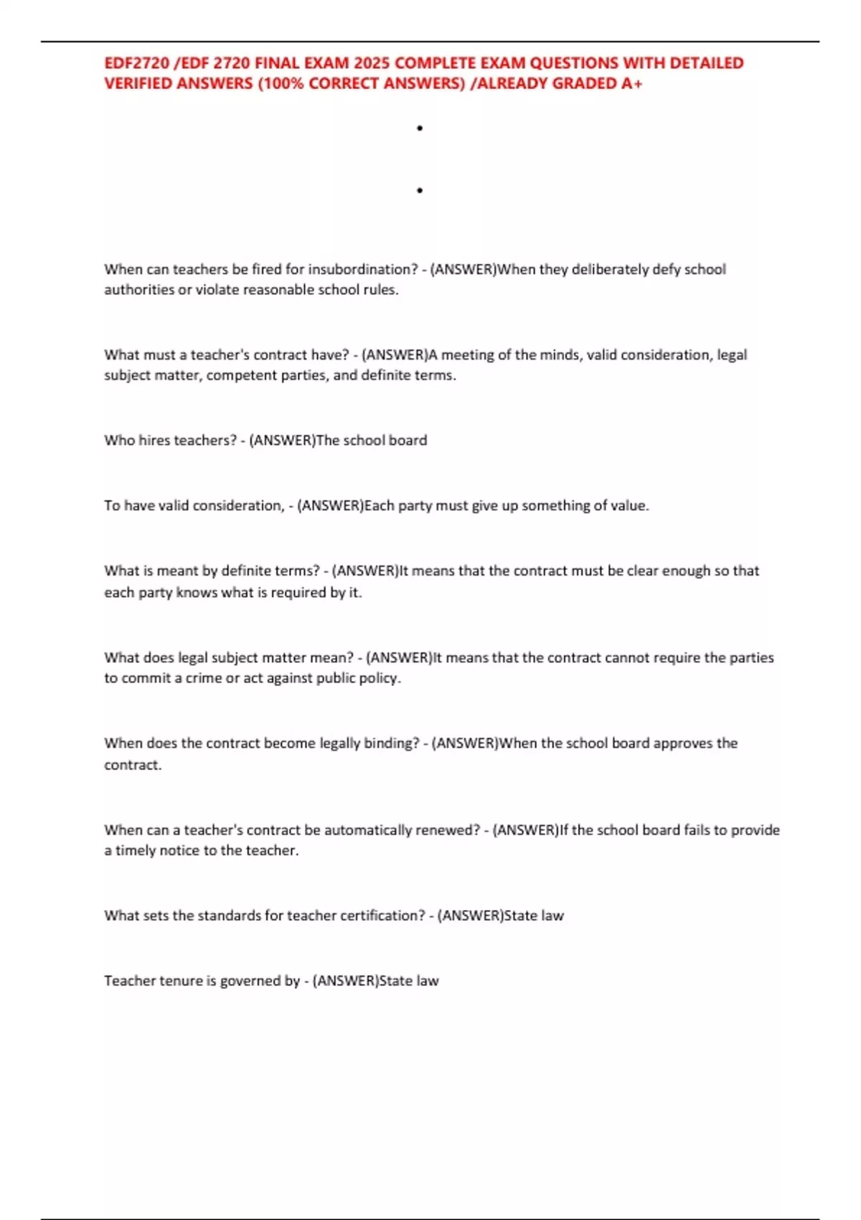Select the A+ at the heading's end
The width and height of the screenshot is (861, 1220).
point(632,83)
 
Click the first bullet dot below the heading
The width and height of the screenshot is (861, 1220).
point(420,128)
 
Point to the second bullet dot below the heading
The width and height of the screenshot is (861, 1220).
point(420,190)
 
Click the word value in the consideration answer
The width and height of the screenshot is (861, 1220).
point(629,505)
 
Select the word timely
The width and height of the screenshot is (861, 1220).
point(136,850)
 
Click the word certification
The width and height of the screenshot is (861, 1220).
point(381,916)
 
